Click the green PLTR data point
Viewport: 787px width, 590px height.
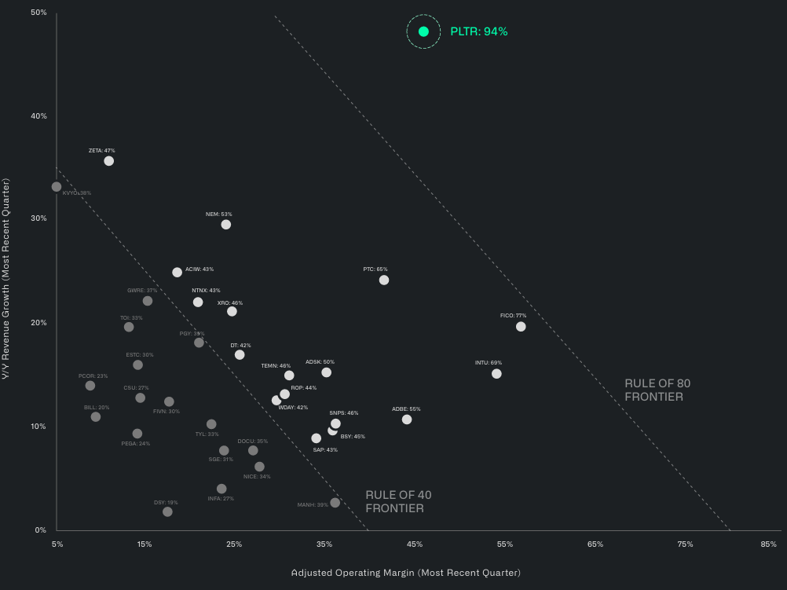pos(423,31)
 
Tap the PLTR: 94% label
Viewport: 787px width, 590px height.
pos(479,31)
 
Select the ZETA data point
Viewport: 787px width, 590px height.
pos(109,161)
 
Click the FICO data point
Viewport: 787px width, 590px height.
pos(521,327)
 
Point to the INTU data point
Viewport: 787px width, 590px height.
pos(496,374)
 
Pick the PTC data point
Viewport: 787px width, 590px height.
pos(384,280)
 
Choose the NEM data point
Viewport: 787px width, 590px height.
pos(226,225)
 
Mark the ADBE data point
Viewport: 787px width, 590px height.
pos(407,420)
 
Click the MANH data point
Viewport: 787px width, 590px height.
pos(335,503)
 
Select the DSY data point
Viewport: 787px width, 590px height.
pos(167,512)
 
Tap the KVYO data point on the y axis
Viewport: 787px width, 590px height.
pos(57,187)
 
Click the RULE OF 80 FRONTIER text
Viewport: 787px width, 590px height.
pos(657,390)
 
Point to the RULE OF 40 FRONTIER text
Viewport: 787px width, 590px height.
pos(398,502)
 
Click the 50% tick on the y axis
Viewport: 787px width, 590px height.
pos(38,13)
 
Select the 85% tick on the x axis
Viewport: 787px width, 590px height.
pos(769,544)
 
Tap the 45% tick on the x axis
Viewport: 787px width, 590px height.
pos(415,544)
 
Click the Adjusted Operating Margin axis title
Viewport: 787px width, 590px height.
pos(405,573)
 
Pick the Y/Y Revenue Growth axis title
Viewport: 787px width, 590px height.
pos(6,279)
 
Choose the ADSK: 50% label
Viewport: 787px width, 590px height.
pos(320,362)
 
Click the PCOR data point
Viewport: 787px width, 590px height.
pos(90,386)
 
